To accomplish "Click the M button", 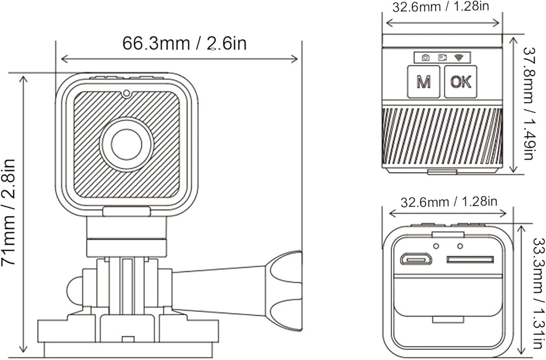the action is (x=424, y=81).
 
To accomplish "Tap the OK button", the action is (x=461, y=81).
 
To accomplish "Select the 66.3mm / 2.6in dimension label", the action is (x=184, y=44).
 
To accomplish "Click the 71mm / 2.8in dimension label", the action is (x=9, y=213).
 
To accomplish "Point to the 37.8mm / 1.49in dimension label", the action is (x=529, y=103).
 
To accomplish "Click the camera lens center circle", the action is (x=127, y=145).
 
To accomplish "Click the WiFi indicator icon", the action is (x=459, y=57).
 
